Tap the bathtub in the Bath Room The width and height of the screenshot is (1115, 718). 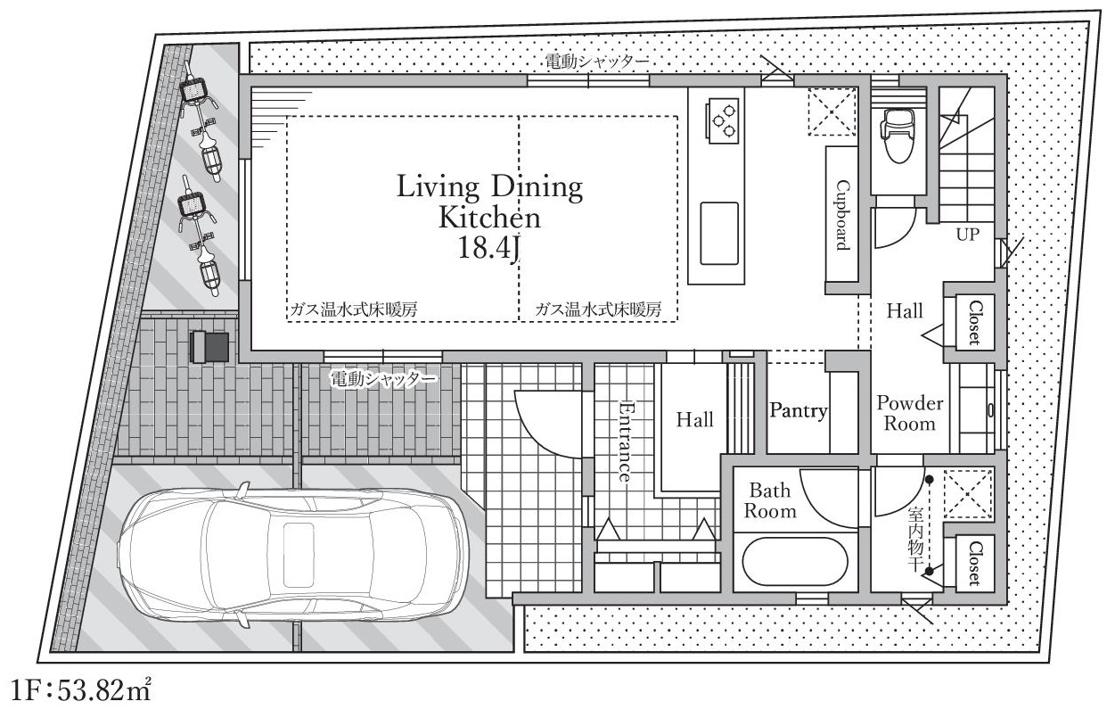pyautogui.click(x=795, y=562)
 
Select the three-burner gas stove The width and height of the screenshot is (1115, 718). pyautogui.click(x=722, y=120)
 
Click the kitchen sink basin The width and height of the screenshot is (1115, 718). pyautogui.click(x=719, y=233)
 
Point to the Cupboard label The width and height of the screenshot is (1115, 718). pyautogui.click(x=841, y=215)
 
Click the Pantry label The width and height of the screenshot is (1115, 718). pyautogui.click(x=799, y=410)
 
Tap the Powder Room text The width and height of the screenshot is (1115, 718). pyautogui.click(x=909, y=413)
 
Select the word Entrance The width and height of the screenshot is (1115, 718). pyautogui.click(x=624, y=441)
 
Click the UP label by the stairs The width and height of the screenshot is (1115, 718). pyautogui.click(x=968, y=235)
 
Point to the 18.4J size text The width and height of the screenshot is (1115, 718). pyautogui.click(x=489, y=248)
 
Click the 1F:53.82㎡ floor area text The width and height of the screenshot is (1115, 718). pyautogui.click(x=80, y=690)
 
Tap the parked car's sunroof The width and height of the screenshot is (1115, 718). pyautogui.click(x=299, y=555)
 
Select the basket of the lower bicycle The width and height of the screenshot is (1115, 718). pyautogui.click(x=193, y=203)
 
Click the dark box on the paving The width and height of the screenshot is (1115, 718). pyautogui.click(x=209, y=346)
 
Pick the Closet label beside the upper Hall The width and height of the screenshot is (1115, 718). pyautogui.click(x=975, y=322)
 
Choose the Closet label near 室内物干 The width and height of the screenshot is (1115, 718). pyautogui.click(x=975, y=564)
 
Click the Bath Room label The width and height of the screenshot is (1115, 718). pyautogui.click(x=770, y=500)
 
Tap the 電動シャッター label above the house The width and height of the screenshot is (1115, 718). pyautogui.click(x=597, y=62)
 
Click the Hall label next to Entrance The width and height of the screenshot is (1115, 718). pyautogui.click(x=695, y=419)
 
